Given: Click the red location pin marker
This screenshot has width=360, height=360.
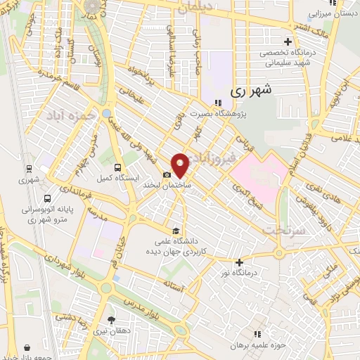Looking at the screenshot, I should pyautogui.click(x=180, y=165).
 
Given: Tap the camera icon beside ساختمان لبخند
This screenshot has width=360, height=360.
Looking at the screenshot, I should pyautogui.click(x=167, y=175).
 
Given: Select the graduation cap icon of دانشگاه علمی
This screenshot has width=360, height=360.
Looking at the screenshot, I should pyautogui.click(x=175, y=230).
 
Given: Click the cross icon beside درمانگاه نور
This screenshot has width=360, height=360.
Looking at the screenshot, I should pyautogui.click(x=240, y=262).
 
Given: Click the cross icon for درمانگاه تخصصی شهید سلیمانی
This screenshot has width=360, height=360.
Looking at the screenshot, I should pyautogui.click(x=288, y=41).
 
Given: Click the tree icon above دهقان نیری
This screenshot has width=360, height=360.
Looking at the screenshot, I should pyautogui.click(x=111, y=321).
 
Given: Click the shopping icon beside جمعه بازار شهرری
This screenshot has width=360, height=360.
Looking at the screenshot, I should pyautogui.click(x=27, y=347).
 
